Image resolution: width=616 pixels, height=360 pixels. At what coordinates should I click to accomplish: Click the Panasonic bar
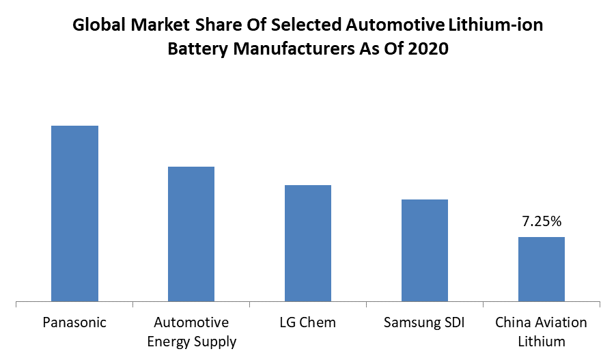coord(75,213)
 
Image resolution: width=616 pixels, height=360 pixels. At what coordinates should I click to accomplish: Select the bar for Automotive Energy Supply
coord(191,234)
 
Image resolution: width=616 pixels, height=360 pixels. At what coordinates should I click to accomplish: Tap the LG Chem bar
coord(308,243)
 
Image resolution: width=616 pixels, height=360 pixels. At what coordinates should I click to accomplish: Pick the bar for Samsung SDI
coord(424,250)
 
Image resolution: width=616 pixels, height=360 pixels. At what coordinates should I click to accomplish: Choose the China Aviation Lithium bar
coord(541,269)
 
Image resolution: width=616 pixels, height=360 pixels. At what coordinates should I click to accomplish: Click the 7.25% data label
coord(542,221)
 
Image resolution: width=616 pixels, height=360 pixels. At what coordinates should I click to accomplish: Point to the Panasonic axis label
coord(74,322)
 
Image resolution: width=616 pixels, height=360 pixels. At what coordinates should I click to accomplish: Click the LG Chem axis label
coord(307,322)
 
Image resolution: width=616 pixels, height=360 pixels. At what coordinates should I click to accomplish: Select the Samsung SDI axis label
coord(424,322)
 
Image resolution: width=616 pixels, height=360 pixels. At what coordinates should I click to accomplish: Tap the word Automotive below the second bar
coord(191,322)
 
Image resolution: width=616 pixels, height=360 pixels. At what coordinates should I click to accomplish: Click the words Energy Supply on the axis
coord(191,341)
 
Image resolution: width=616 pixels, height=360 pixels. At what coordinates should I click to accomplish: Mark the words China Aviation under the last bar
coord(541,322)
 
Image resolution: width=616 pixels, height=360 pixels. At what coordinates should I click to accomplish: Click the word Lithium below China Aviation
coord(541,341)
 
